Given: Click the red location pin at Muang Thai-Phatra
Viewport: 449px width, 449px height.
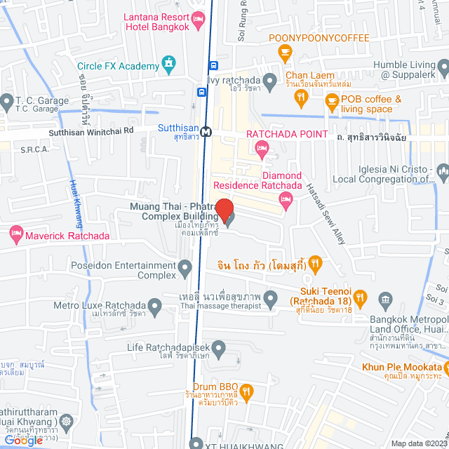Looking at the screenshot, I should click(x=224, y=209).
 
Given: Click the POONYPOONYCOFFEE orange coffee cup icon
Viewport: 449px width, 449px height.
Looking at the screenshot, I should click(x=284, y=51).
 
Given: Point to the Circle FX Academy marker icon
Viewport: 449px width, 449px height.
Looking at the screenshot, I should click(x=168, y=66).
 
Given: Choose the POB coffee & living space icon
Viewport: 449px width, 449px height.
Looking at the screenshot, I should click(x=331, y=104).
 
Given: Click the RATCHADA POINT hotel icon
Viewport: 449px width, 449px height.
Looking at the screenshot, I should click(x=261, y=146).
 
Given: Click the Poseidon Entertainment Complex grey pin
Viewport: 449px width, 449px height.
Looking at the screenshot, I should click(x=185, y=267).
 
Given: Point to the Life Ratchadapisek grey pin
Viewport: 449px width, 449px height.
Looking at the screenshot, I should click(x=219, y=347).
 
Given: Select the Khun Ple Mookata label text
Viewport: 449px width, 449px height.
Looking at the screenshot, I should click(x=401, y=367).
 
